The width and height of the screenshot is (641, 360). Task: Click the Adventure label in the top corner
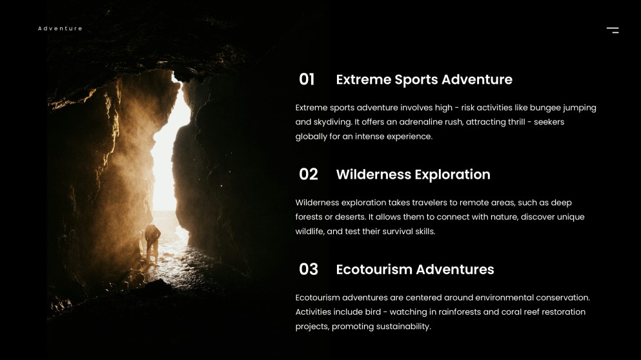60,28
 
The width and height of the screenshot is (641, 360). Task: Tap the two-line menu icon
613,30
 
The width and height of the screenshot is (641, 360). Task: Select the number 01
307,79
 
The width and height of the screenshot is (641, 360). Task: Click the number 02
309,174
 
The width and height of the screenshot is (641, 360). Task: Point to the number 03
309,269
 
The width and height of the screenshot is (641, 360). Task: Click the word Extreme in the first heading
363,79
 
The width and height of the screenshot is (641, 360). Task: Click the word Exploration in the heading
453,174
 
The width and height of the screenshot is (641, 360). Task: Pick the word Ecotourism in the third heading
374,269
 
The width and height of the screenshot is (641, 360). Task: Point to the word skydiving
333,122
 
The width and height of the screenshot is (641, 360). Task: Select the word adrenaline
408,122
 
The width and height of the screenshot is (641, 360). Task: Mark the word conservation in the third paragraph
562,297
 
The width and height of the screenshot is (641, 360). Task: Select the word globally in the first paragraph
313,136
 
